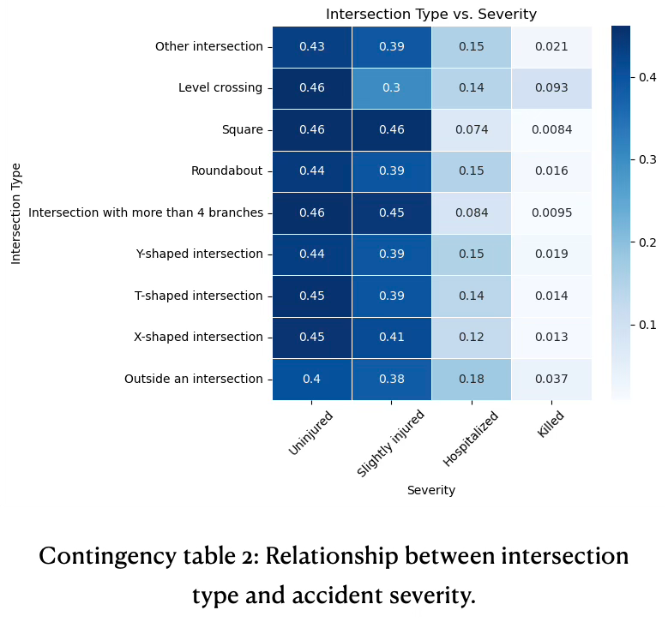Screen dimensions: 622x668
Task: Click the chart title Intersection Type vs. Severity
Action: click(x=431, y=15)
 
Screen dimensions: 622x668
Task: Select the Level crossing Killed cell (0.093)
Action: click(x=551, y=88)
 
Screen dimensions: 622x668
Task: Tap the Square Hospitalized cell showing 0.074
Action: click(x=472, y=130)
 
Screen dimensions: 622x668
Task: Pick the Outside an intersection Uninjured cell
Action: click(x=312, y=380)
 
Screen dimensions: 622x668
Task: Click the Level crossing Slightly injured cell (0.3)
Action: click(x=392, y=88)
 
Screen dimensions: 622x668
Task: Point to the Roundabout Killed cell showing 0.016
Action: click(x=551, y=171)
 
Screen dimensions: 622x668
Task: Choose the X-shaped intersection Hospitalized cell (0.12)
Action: click(x=472, y=338)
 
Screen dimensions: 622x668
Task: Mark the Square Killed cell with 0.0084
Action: click(x=551, y=130)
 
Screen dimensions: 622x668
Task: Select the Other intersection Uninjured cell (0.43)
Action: click(x=312, y=47)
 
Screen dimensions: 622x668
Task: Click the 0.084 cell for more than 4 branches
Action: click(x=472, y=213)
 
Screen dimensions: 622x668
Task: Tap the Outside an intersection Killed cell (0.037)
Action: click(x=551, y=380)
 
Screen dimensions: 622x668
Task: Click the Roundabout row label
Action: click(x=227, y=171)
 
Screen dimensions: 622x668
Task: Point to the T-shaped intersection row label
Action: click(x=199, y=296)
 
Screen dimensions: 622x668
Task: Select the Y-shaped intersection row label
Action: click(x=200, y=254)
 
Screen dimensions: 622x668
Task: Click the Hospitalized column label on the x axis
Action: click(x=471, y=439)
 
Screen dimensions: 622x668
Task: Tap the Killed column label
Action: click(x=551, y=423)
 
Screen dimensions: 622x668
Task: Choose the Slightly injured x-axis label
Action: click(x=391, y=443)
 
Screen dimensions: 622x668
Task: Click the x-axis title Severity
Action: click(x=431, y=491)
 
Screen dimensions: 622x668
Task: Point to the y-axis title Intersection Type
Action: click(x=16, y=213)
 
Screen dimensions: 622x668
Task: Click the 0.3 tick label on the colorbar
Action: click(x=647, y=159)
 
